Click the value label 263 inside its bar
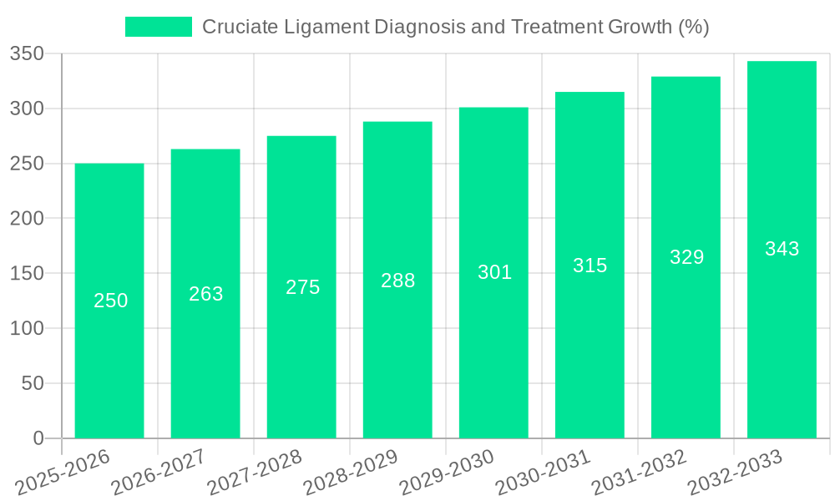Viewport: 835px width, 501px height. click(206, 294)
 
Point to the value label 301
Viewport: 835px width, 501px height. click(494, 272)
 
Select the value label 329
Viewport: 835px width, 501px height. click(686, 257)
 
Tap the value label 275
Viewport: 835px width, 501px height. click(302, 287)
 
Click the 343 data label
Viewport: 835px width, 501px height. click(782, 249)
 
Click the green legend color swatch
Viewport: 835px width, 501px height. click(158, 27)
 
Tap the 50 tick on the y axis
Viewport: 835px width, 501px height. click(33, 383)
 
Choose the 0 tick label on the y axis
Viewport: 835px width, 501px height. click(38, 438)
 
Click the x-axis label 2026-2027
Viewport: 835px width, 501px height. click(159, 473)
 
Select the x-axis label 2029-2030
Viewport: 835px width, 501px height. click(448, 473)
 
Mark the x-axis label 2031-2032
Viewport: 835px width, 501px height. click(640, 473)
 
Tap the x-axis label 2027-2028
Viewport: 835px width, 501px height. click(256, 473)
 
